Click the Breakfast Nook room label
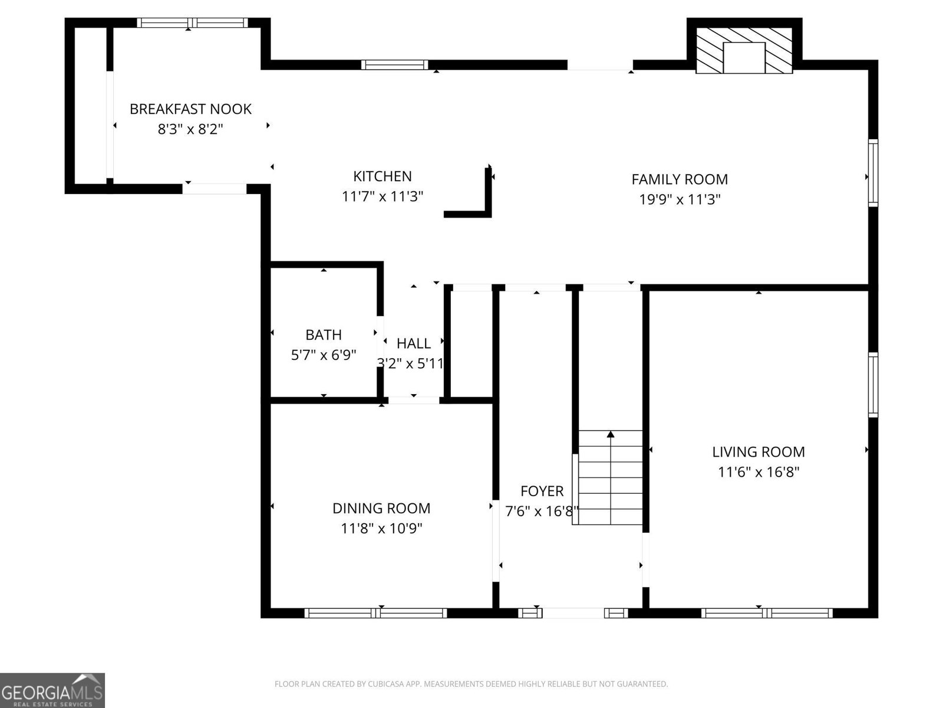[190, 109]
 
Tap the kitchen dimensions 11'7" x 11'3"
[383, 196]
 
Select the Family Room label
[680, 179]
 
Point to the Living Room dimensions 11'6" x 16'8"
[758, 472]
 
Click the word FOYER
[542, 491]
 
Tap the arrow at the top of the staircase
[611, 435]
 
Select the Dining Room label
[381, 508]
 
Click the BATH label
[324, 335]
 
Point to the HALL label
[413, 343]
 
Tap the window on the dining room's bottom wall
[375, 613]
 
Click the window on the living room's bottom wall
[766, 613]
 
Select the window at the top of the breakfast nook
[192, 22]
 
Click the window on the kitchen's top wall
[395, 64]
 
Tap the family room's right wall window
[873, 172]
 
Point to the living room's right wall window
[873, 385]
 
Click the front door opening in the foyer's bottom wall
[573, 613]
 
